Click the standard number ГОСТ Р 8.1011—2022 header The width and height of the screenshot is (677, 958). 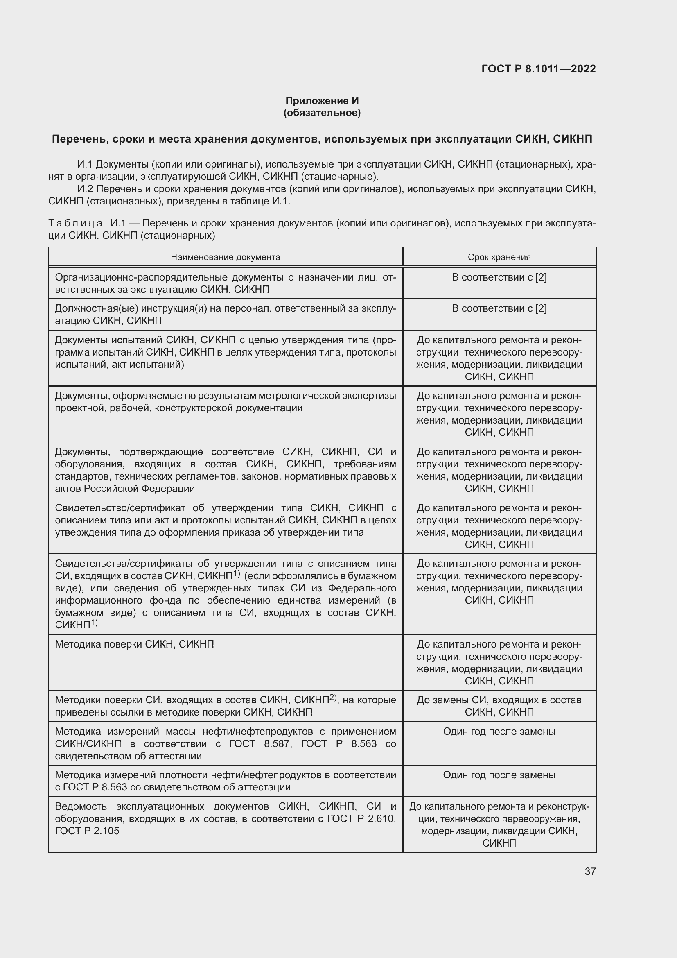[538, 69]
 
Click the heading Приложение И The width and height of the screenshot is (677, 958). [322, 101]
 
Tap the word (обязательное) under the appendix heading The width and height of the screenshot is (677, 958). [322, 113]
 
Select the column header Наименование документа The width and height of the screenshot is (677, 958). [226, 257]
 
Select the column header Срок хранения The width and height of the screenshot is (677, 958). [499, 257]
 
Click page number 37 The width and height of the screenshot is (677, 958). [590, 871]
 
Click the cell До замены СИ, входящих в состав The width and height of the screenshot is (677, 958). [499, 700]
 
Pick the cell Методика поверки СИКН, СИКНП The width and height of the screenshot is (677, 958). [134, 644]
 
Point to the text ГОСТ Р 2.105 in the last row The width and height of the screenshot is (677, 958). [87, 831]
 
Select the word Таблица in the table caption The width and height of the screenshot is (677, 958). [75, 223]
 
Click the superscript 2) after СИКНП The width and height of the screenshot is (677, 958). [333, 697]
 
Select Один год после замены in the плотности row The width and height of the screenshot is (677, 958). [499, 775]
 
